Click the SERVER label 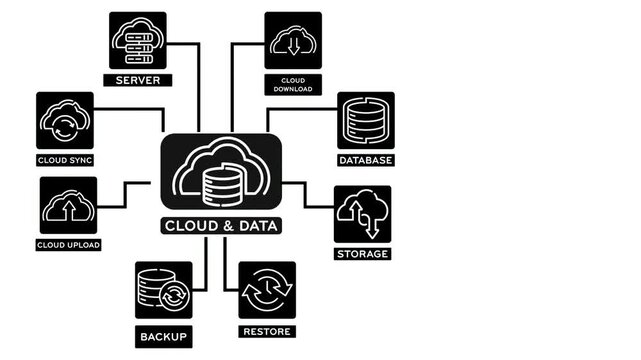coord(139,80)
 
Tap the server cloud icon coord(139,41)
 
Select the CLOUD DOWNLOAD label coord(293,84)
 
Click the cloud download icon coord(293,41)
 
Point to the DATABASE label coord(366,160)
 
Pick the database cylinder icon coord(366,121)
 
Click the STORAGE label coord(362,254)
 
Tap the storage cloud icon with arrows coord(362,214)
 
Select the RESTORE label coord(267,331)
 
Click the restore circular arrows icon coord(267,291)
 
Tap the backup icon coord(164,291)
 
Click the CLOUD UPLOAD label coord(69,245)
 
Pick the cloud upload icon coord(68,206)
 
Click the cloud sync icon coord(65,121)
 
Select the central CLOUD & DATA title coord(221,225)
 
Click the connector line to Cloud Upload coord(124,195)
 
